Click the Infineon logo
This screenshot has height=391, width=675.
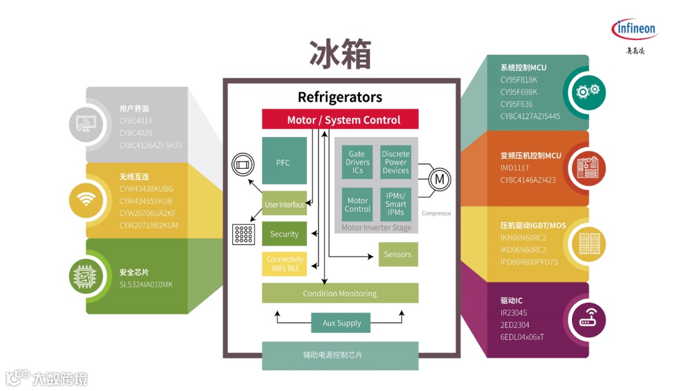point(635,29)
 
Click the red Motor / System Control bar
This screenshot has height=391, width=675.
point(340,119)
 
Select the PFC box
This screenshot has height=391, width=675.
point(284,161)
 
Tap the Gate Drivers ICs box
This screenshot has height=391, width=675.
point(357,162)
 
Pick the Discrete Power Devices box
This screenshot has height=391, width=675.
point(396,162)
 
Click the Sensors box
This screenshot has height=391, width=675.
point(397,254)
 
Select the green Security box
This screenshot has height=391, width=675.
point(284,234)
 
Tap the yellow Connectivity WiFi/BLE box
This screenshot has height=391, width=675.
point(284,264)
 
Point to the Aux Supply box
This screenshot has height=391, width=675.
point(341,323)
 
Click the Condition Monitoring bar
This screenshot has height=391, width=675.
point(340,293)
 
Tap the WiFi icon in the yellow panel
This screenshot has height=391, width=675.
point(86,200)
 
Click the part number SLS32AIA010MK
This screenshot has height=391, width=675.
point(146,285)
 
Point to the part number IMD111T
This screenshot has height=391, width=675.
point(514,168)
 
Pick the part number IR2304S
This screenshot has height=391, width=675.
point(514,312)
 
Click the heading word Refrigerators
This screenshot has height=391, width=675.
point(339,97)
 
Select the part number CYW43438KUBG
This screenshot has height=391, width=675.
point(146,188)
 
